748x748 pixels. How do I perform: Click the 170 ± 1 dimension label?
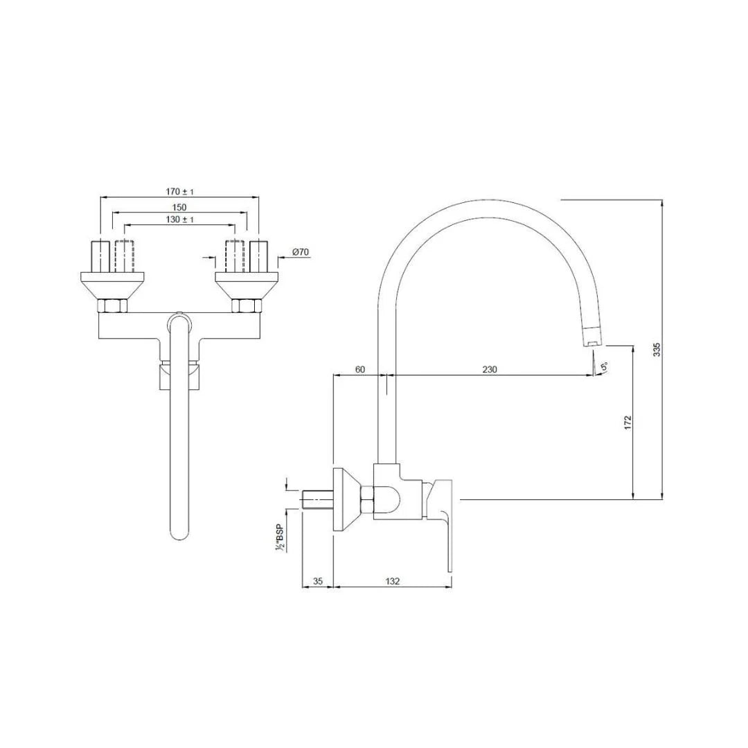[179, 192]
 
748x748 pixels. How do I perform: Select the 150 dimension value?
[179, 207]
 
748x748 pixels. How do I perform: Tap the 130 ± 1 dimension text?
[179, 220]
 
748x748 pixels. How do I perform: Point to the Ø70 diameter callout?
[300, 253]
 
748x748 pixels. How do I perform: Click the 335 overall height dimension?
[657, 350]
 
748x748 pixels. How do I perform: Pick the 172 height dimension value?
[627, 423]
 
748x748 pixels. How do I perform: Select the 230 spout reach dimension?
[489, 370]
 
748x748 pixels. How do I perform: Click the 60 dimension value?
[360, 370]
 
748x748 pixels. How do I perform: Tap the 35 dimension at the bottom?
[318, 582]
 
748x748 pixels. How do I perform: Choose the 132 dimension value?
[393, 582]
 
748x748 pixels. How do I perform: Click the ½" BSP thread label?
[280, 537]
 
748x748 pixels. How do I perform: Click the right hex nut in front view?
[246, 306]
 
